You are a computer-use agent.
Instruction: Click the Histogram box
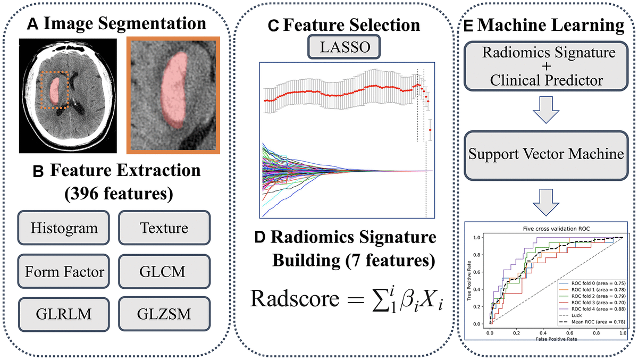(x=64, y=229)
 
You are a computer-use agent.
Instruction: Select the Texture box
(x=164, y=229)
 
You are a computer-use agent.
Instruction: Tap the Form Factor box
(x=64, y=272)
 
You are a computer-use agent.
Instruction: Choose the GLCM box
(x=164, y=272)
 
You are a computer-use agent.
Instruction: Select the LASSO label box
(x=340, y=48)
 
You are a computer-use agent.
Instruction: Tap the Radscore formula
(x=340, y=306)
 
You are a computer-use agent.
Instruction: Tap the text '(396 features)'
(x=120, y=192)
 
